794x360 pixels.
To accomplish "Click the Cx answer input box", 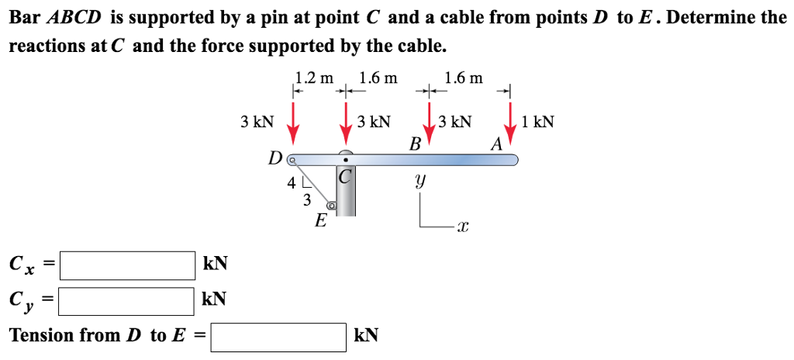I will coord(128,265).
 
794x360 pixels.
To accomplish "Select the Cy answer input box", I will coord(128,301).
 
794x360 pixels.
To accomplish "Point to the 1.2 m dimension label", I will coord(314,77).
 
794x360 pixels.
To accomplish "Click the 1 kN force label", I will coord(538,122).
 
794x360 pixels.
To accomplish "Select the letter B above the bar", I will coord(415,144).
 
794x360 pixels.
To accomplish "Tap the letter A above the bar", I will coord(496,144).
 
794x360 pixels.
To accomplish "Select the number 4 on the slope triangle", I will coord(292,184).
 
